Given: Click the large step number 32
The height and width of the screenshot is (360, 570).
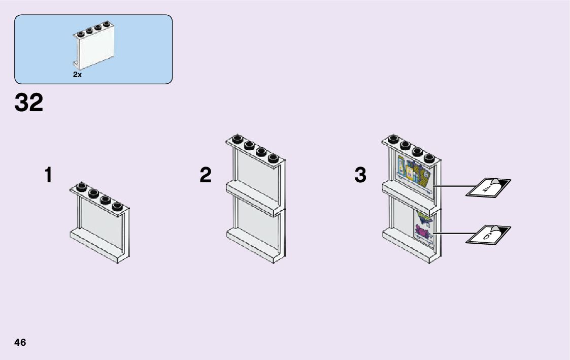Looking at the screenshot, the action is click(29, 103).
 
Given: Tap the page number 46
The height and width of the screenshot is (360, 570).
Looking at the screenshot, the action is click(20, 342).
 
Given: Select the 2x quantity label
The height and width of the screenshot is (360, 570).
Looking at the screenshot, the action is click(77, 75).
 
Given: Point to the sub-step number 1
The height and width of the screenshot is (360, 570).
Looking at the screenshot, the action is click(48, 176).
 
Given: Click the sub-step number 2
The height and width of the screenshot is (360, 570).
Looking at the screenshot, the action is click(205, 176).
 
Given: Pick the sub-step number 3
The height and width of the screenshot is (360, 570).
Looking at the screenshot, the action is click(360, 176).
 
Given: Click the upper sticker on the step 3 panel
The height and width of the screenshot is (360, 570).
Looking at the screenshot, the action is click(415, 173).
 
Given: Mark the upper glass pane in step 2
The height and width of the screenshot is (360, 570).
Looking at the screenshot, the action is click(256, 173).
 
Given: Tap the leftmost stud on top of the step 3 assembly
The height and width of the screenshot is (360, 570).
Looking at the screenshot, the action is click(392, 139).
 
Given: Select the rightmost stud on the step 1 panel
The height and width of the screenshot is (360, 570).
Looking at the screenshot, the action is click(118, 206).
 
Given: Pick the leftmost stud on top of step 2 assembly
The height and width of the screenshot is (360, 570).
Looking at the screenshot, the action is click(237, 139).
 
